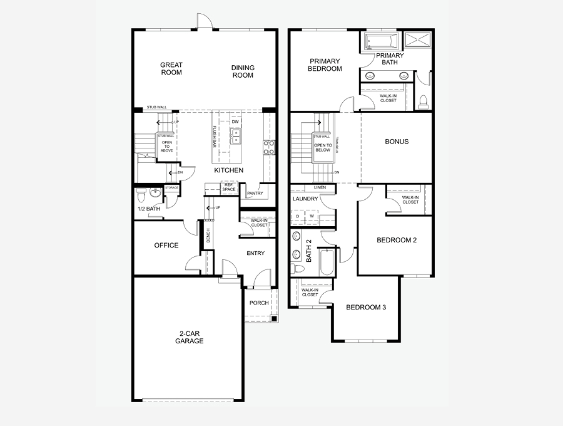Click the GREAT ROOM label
click(x=171, y=68)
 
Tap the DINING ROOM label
click(x=243, y=71)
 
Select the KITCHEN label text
click(x=228, y=170)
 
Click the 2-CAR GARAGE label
click(x=189, y=337)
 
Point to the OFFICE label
click(x=166, y=246)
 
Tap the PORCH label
click(x=259, y=303)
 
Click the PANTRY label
click(x=255, y=194)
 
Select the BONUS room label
click(x=396, y=142)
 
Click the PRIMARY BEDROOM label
click(x=325, y=65)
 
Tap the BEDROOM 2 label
click(x=397, y=240)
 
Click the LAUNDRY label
click(x=306, y=199)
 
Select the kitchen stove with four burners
click(x=270, y=147)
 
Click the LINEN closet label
click(x=320, y=187)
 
